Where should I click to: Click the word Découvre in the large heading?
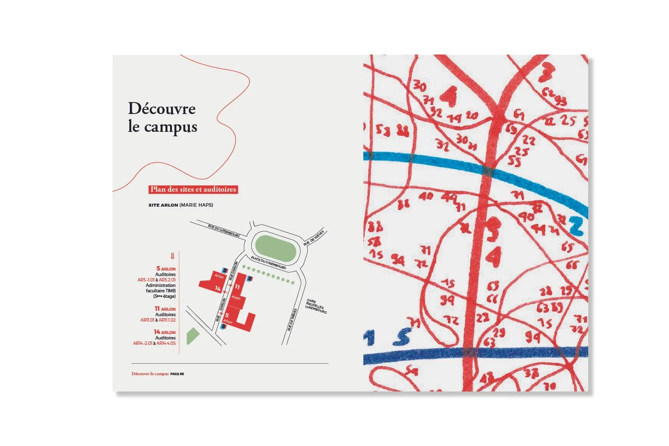(162, 109)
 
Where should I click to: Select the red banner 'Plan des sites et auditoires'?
(193, 189)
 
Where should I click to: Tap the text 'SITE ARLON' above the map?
(163, 205)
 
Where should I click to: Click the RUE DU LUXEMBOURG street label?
(224, 230)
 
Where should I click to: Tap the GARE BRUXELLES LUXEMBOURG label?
(315, 307)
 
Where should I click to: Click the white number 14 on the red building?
(218, 288)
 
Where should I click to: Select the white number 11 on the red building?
(237, 287)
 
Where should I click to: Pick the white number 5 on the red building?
(227, 315)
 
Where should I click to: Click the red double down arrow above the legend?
(172, 256)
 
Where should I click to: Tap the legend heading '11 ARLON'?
(165, 309)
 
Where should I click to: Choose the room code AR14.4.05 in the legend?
(166, 343)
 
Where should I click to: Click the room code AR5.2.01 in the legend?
(167, 280)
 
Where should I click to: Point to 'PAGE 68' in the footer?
(177, 374)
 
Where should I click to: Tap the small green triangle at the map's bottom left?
(192, 336)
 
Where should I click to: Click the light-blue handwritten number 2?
(576, 226)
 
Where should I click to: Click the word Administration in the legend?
(161, 285)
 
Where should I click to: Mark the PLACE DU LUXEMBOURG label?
(268, 263)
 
